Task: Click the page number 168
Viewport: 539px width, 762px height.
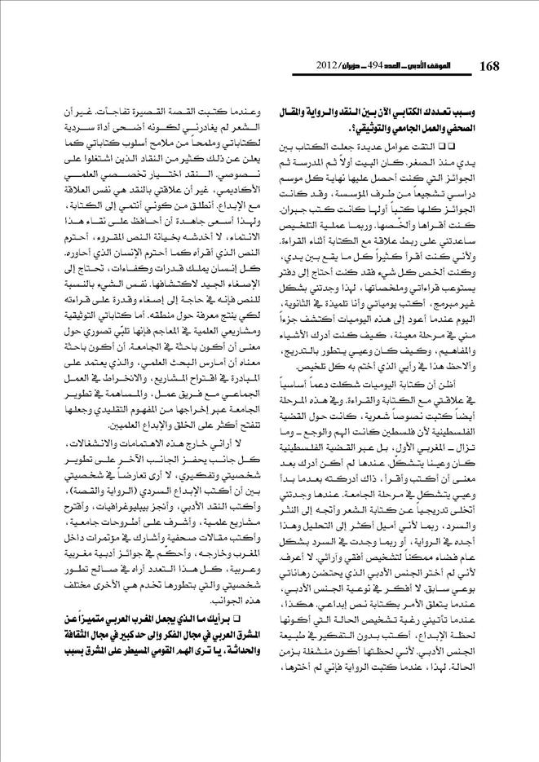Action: pos(489,64)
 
